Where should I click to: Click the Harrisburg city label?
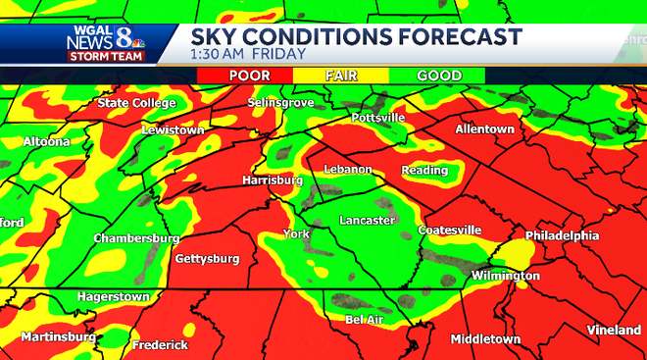click(x=273, y=180)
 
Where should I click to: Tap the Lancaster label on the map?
click(x=367, y=221)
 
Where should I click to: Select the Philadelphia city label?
click(x=562, y=236)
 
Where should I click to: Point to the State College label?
click(x=136, y=103)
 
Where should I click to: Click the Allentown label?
click(x=484, y=129)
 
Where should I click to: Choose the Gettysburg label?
click(x=207, y=259)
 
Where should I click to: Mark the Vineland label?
click(x=614, y=331)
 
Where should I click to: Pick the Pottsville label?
click(x=377, y=118)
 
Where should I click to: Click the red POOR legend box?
click(x=250, y=76)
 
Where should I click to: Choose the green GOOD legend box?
click(x=439, y=76)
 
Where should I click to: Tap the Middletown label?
click(x=485, y=339)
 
